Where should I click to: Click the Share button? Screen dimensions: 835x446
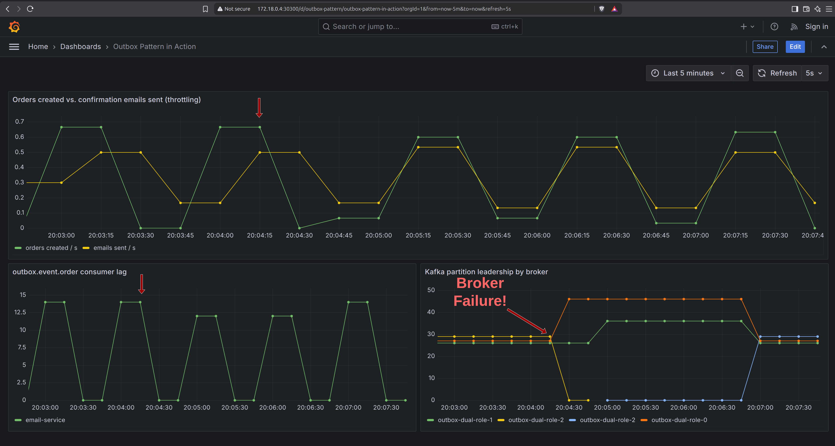[765, 47]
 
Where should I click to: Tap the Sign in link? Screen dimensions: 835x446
[816, 27]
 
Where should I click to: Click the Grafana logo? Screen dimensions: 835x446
[14, 27]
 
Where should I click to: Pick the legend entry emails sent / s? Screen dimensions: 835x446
[109, 248]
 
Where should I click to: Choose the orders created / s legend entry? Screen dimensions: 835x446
[46, 248]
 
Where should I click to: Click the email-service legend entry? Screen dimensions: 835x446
[40, 420]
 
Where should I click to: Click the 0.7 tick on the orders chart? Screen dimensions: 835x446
[19, 121]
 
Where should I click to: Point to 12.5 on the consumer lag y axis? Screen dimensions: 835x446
[20, 312]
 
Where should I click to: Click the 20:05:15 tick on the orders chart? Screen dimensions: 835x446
[418, 235]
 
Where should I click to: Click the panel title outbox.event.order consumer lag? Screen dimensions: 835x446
[70, 272]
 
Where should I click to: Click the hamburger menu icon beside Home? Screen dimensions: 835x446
[14, 47]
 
